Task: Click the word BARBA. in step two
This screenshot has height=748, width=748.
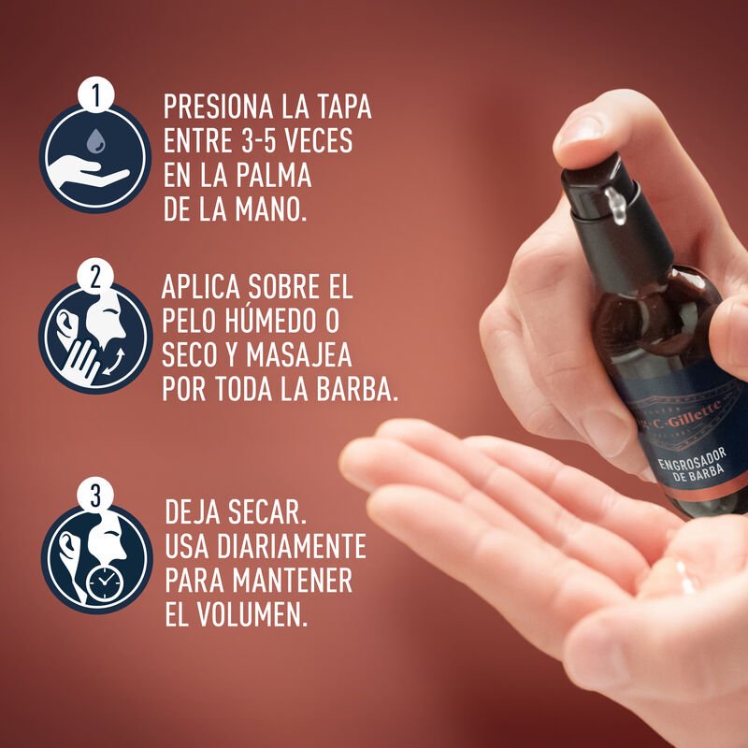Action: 351,389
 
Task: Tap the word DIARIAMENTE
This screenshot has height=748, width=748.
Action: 294,546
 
